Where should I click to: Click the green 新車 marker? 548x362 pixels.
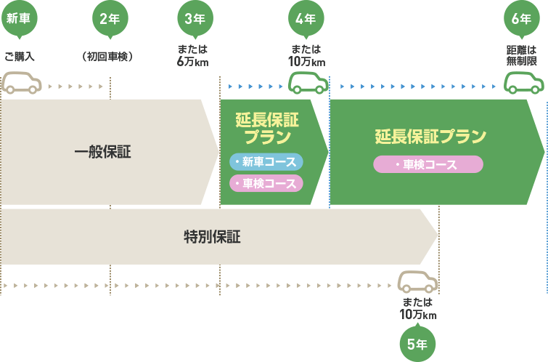tap(18, 19)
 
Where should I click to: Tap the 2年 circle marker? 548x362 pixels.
tap(110, 19)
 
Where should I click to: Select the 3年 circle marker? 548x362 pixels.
tap(195, 19)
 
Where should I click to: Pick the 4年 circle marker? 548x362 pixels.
tap(306, 19)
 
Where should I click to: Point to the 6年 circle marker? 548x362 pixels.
tap(521, 19)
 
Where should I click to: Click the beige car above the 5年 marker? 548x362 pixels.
tap(418, 282)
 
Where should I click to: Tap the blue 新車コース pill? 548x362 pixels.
tap(266, 161)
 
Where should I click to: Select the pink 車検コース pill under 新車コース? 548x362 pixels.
tap(266, 183)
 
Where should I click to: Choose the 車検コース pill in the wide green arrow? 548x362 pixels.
tap(428, 165)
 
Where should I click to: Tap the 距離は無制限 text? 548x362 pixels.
tap(521, 56)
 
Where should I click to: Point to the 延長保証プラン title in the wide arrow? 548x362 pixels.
tap(430, 137)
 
